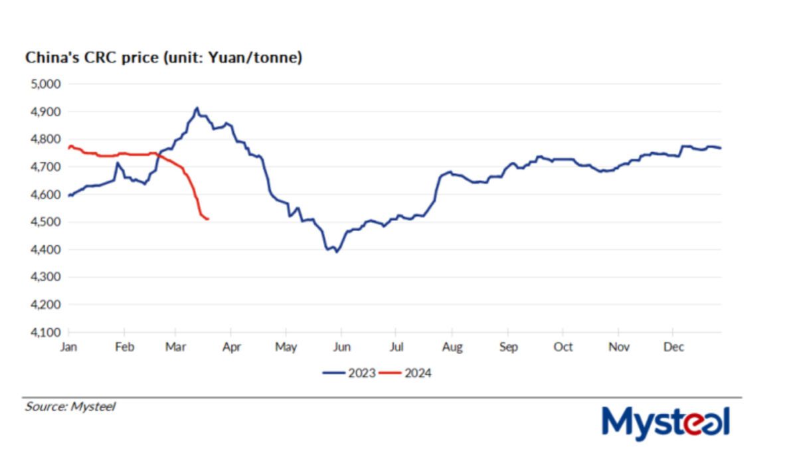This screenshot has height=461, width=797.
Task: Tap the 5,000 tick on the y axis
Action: [44, 84]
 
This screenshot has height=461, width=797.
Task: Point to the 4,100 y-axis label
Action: [44, 332]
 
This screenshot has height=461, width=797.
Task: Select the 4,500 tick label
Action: [44, 222]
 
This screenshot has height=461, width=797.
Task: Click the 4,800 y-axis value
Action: [44, 139]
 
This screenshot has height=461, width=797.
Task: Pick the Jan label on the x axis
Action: [69, 347]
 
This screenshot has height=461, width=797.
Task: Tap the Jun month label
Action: [341, 347]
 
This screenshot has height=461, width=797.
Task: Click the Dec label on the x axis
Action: [673, 347]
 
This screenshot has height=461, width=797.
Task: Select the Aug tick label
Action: [452, 347]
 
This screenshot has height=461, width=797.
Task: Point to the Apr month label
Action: [230, 347]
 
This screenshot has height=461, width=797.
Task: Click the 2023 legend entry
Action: [349, 373]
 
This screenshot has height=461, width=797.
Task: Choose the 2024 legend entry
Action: [406, 373]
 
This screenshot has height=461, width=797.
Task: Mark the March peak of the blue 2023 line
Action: [197, 108]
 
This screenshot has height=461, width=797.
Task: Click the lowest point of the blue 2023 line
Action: [337, 252]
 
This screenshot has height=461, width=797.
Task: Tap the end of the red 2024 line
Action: [209, 219]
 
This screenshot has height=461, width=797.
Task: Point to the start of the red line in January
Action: [69, 148]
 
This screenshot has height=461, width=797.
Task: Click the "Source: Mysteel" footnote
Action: [70, 407]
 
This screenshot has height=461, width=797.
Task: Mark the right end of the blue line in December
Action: [721, 148]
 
